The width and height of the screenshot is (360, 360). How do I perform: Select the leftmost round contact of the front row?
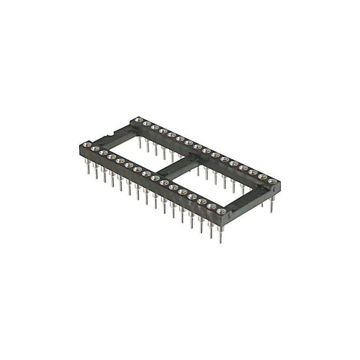87,144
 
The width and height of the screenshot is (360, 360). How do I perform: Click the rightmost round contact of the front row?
220,211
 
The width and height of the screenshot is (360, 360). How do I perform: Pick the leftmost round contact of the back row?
138,119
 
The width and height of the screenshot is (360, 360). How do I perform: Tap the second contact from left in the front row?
95,148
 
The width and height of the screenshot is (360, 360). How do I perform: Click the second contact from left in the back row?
146,123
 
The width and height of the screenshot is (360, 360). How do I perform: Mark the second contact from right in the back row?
263,177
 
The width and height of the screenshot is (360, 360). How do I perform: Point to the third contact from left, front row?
103,153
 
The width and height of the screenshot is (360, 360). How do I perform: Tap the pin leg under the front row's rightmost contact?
220,234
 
